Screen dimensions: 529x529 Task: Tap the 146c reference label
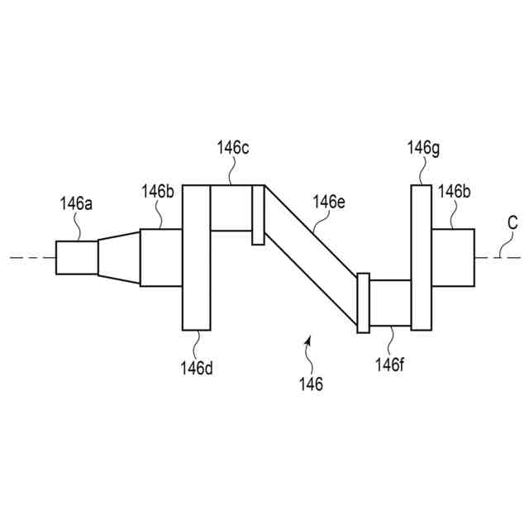pyautogui.click(x=233, y=148)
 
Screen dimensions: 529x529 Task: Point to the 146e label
pyautogui.click(x=328, y=201)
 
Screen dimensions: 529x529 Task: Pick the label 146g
pyautogui.click(x=423, y=148)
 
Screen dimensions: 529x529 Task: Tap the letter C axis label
pyautogui.click(x=512, y=222)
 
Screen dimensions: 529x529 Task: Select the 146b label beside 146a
pyautogui.click(x=157, y=192)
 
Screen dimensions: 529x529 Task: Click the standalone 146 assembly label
pyautogui.click(x=312, y=384)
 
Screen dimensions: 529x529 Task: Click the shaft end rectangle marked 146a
pyautogui.click(x=77, y=257)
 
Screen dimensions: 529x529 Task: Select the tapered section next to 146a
pyautogui.click(x=119, y=257)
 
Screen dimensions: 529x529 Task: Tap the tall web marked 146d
pyautogui.click(x=196, y=257)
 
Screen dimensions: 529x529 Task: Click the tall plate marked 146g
pyautogui.click(x=421, y=257)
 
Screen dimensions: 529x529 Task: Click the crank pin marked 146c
pyautogui.click(x=231, y=208)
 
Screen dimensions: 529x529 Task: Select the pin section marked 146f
pyautogui.click(x=389, y=303)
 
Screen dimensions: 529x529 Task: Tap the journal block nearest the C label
pyautogui.click(x=453, y=257)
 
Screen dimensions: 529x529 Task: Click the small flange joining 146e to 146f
pyautogui.click(x=362, y=303)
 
